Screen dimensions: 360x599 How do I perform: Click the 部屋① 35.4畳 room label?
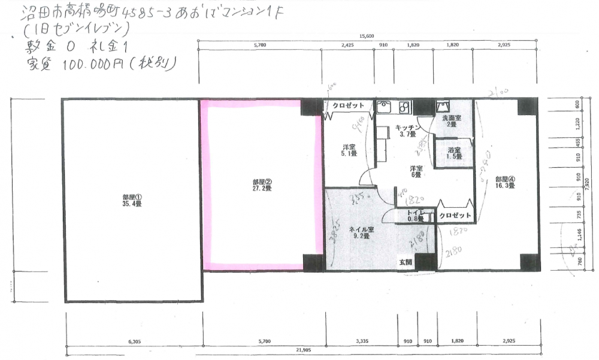click(132, 200)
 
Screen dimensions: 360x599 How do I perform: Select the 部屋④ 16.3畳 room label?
click(505, 182)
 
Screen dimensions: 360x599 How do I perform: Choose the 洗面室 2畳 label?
click(452, 122)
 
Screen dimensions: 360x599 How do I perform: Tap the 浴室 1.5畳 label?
click(453, 153)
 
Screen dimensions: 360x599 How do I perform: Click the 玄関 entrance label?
click(406, 262)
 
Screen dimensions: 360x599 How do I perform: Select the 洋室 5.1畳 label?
click(350, 150)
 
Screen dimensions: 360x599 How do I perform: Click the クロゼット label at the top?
click(349, 105)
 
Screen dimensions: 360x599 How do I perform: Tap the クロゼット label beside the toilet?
click(455, 215)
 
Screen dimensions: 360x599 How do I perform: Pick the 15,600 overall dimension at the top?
click(367, 37)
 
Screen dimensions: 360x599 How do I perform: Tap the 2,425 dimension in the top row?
click(347, 45)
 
